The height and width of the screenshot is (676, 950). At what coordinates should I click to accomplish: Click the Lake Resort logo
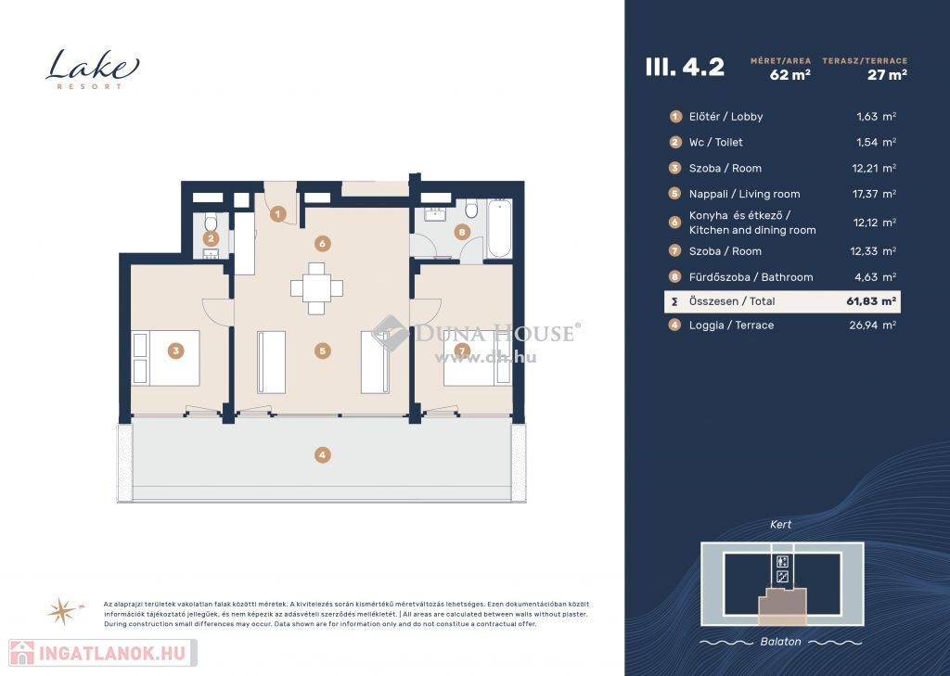[x=92, y=69]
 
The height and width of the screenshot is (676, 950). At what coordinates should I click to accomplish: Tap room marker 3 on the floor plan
[x=175, y=351]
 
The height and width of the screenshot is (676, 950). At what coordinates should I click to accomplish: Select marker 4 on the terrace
[x=322, y=455]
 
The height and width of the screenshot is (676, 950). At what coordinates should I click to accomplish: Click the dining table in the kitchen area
[x=316, y=288]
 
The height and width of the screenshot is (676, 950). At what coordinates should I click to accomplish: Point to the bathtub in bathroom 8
[x=500, y=228]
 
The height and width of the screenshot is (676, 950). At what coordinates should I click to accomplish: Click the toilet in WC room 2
[x=211, y=223]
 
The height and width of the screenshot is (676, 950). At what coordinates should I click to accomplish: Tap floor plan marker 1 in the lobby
[x=277, y=213]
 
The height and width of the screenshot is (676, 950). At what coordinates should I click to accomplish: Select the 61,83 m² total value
[x=871, y=301]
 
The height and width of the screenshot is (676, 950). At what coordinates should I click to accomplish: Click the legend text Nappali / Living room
[x=744, y=194]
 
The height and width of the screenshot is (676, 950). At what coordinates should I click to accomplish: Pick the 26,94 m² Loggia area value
[x=872, y=325]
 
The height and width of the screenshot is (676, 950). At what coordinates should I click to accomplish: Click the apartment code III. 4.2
[x=685, y=67]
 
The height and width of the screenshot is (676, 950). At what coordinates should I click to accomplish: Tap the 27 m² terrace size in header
[x=887, y=74]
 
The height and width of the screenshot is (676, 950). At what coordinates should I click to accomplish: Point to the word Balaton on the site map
[x=780, y=642]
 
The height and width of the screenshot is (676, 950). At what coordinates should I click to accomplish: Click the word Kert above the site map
[x=780, y=525]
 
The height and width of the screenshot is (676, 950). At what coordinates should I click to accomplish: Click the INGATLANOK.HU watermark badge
[x=103, y=653]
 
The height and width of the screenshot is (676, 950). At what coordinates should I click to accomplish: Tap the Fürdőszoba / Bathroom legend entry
[x=751, y=277]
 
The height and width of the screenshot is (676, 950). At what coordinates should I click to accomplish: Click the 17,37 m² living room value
[x=874, y=194]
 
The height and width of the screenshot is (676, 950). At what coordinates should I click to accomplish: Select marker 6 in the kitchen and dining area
[x=322, y=244]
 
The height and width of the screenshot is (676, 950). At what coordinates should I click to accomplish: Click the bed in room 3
[x=166, y=358]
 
